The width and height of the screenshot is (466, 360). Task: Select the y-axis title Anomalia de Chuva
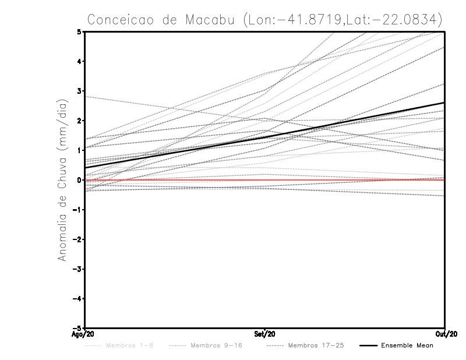(61, 180)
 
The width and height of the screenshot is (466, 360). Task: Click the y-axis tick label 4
(79, 62)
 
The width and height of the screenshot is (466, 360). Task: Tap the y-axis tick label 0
(79, 180)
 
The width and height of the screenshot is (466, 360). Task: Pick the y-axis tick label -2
(77, 239)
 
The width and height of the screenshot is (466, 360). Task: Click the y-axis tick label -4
(77, 299)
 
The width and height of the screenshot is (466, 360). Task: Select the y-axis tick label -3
(77, 269)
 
